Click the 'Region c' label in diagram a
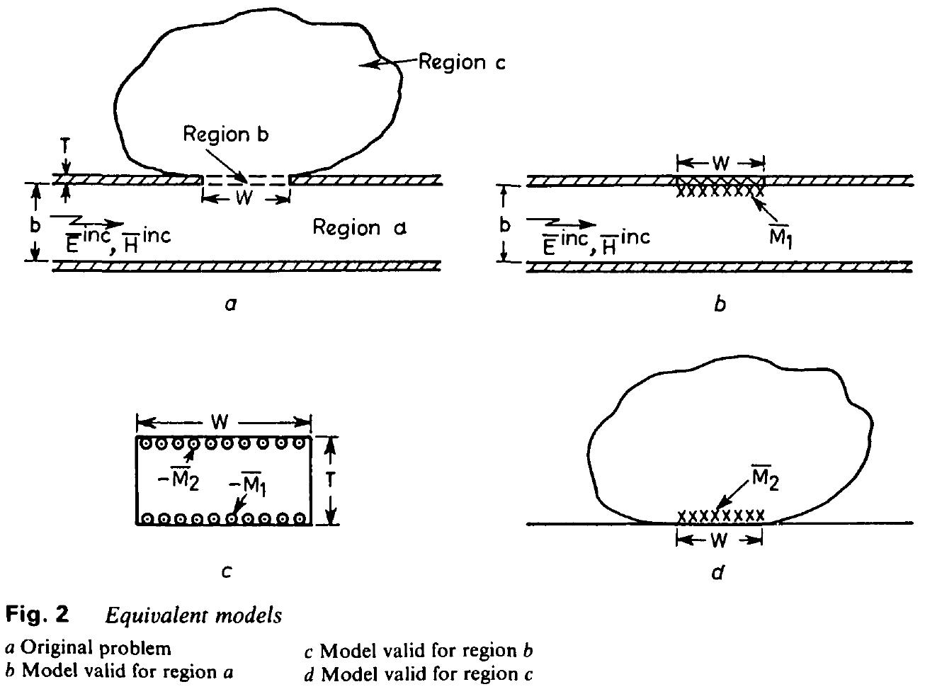[462, 62]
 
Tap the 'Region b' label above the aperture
[225, 135]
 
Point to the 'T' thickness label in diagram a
[65, 146]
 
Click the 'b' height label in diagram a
[35, 224]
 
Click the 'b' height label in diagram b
[504, 224]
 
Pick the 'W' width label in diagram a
[244, 198]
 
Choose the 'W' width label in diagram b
[720, 163]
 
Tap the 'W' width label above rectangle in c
[220, 423]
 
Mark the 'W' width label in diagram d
[720, 540]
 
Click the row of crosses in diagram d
[721, 516]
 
